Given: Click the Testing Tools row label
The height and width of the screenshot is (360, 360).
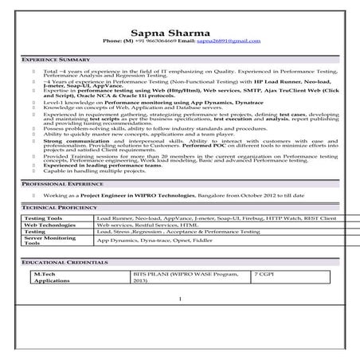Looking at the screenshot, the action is (44, 217).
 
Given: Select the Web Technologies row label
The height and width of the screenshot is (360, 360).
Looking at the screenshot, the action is (51, 224).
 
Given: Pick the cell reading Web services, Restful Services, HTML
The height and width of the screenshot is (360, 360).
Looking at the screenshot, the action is (147, 224).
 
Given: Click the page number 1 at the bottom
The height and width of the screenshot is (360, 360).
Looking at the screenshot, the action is (180, 299).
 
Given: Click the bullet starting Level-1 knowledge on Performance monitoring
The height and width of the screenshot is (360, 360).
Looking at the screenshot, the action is (143, 102).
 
